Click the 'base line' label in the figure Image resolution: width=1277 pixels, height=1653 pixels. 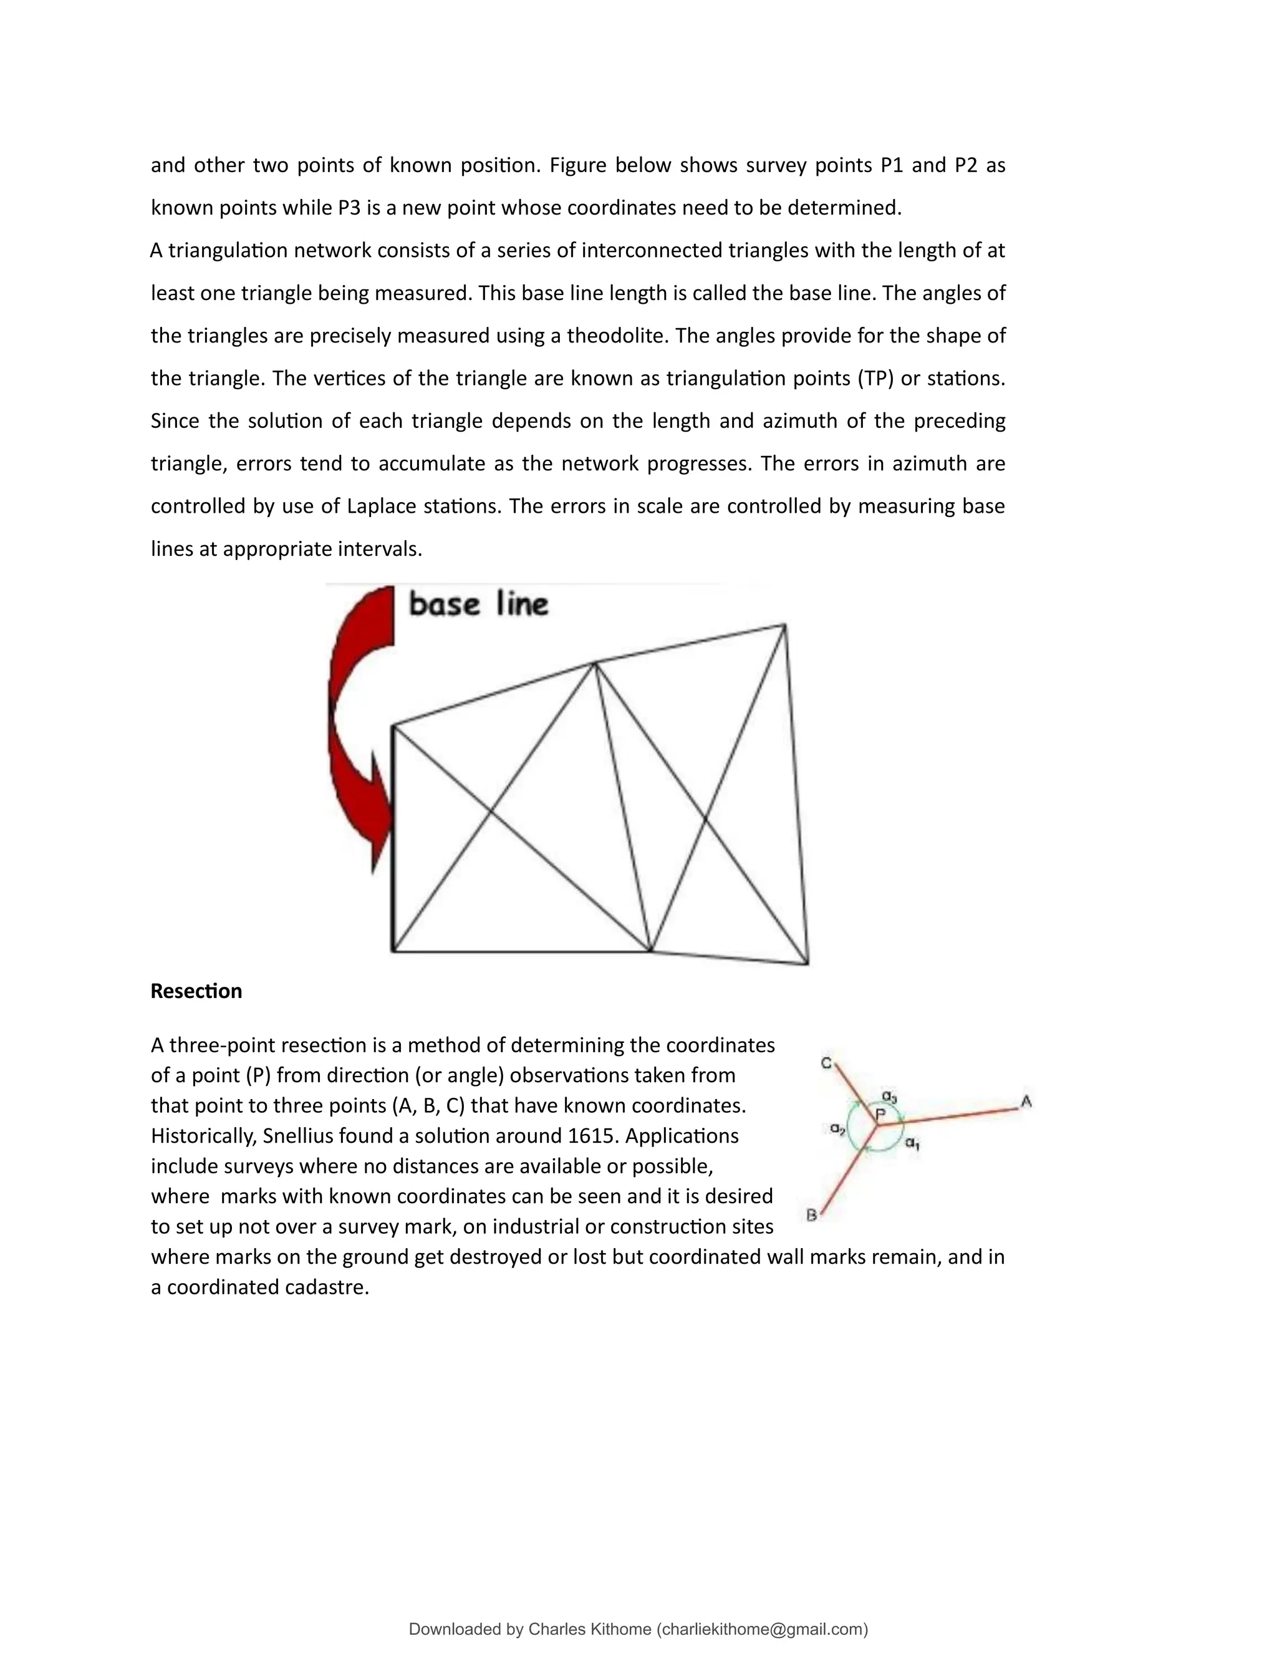click(478, 604)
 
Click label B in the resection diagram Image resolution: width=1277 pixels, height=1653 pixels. click(811, 1216)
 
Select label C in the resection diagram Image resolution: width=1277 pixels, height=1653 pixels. click(826, 1064)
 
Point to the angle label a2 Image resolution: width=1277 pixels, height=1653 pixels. click(837, 1128)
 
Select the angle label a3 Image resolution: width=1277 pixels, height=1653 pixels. click(889, 1096)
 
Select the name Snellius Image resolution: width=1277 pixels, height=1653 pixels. click(298, 1135)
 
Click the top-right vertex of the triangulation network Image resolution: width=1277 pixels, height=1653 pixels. click(784, 625)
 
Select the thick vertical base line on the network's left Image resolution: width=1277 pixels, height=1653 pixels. click(393, 840)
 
